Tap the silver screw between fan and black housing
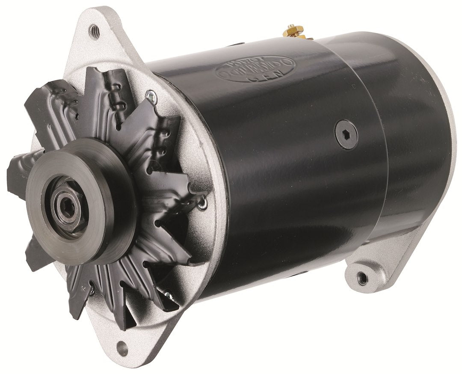[x=204, y=204]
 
